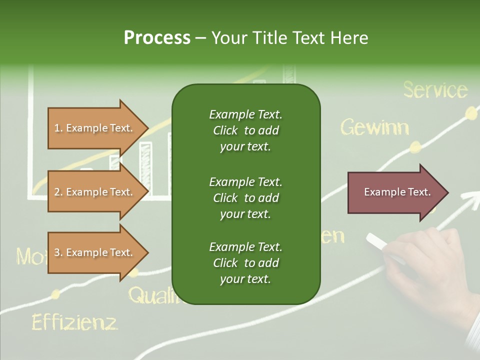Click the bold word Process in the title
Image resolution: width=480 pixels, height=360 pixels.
(157, 38)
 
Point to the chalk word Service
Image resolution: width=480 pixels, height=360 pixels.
(435, 90)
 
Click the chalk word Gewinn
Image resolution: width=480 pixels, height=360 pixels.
(374, 128)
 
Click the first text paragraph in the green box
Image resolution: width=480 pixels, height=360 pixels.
(245, 130)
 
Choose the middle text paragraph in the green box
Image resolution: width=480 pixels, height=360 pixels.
(245, 197)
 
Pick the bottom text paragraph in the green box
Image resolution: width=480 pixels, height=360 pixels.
(245, 263)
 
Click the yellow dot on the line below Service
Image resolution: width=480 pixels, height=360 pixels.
(471, 112)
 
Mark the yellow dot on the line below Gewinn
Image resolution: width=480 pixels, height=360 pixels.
(415, 147)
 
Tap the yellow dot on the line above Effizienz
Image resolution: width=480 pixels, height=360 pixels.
(56, 294)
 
